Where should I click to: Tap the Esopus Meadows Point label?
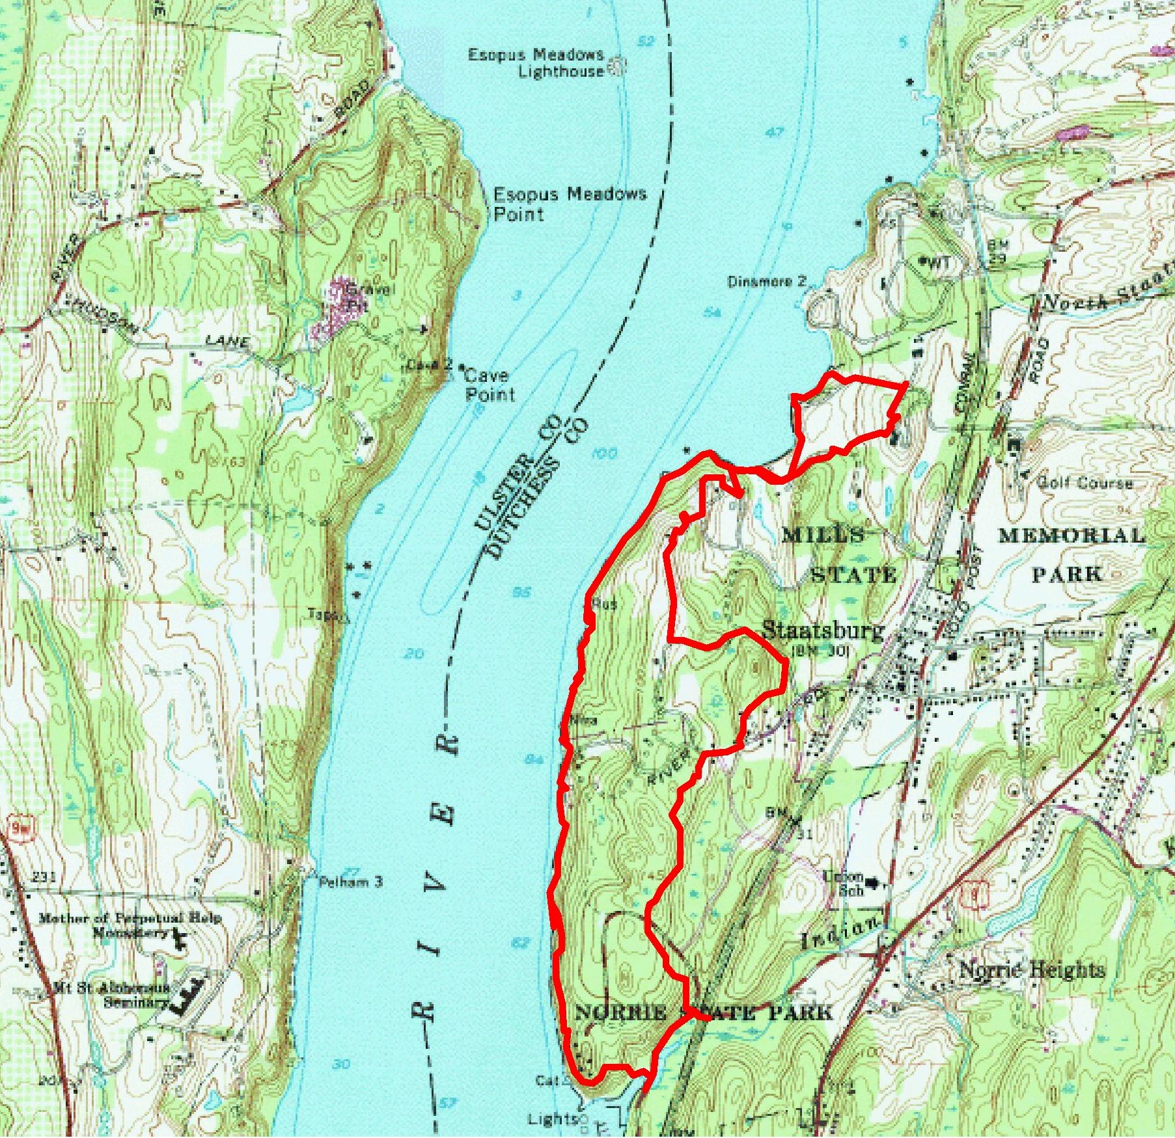(x=569, y=203)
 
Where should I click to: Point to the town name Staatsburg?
(x=823, y=630)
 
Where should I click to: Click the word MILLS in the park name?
(x=823, y=535)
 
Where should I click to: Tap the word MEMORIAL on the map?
(x=1071, y=535)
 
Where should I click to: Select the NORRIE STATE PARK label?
(x=703, y=1012)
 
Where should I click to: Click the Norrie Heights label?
(x=1032, y=970)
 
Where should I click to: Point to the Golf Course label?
(x=1084, y=483)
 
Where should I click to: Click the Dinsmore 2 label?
(x=766, y=282)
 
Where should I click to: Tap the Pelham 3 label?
(x=350, y=882)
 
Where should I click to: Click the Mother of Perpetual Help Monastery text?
(x=130, y=925)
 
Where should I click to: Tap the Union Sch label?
(x=844, y=884)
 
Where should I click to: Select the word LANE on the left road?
(x=227, y=340)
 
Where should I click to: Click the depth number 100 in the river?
(x=605, y=453)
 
